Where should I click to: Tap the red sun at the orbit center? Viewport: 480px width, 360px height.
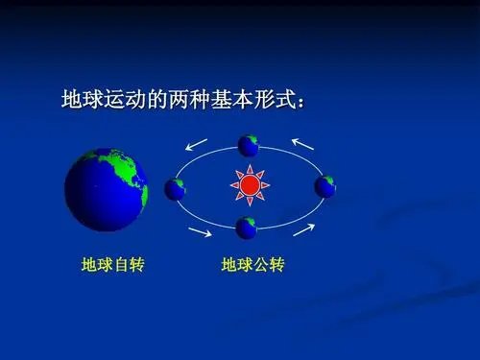pyautogui.click(x=250, y=183)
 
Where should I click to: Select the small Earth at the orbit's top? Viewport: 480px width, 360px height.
pyautogui.click(x=249, y=146)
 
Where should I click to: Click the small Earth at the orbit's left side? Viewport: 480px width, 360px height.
pyautogui.click(x=175, y=188)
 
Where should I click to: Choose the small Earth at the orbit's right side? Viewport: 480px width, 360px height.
pyautogui.click(x=325, y=186)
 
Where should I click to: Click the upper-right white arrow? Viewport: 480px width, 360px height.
pyautogui.click(x=303, y=145)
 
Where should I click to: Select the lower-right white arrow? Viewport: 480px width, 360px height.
pyautogui.click(x=303, y=230)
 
